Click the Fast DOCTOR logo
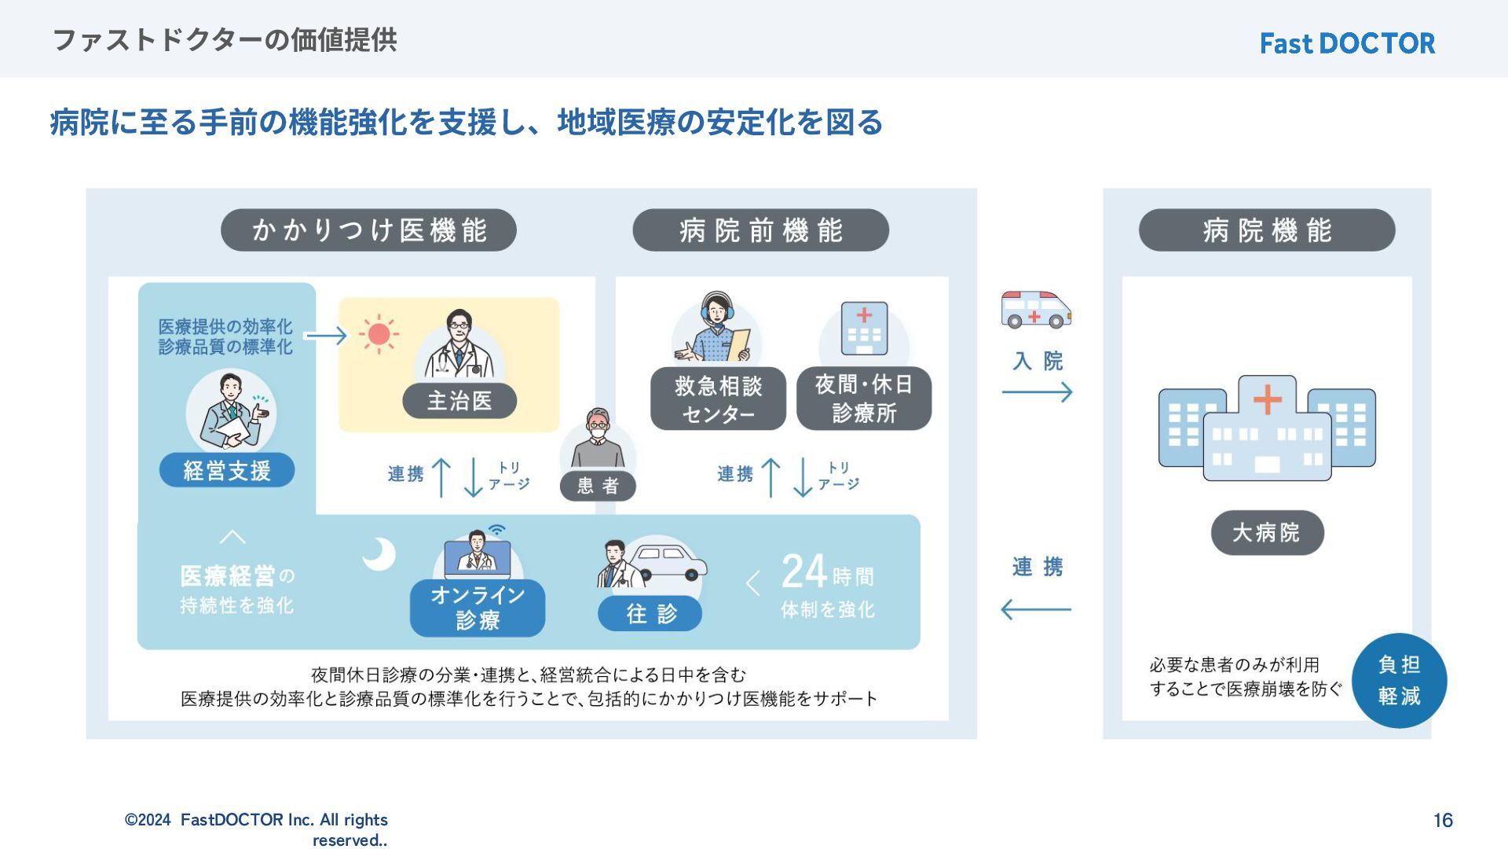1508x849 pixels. click(x=1347, y=43)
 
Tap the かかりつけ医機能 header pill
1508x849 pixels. click(x=368, y=230)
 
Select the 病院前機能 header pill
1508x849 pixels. click(x=760, y=230)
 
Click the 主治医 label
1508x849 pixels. click(x=459, y=401)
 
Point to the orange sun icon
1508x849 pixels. click(x=379, y=334)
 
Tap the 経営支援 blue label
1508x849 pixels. click(x=227, y=470)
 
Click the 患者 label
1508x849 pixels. click(x=598, y=486)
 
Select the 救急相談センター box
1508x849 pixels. click(x=718, y=399)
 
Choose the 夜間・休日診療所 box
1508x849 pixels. click(x=864, y=399)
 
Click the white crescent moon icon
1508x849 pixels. click(x=379, y=553)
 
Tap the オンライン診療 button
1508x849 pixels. click(x=478, y=608)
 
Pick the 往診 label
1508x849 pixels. click(x=650, y=614)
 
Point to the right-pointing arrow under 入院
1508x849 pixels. click(x=1037, y=391)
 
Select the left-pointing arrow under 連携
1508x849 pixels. click(x=1036, y=609)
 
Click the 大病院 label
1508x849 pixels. click(x=1267, y=533)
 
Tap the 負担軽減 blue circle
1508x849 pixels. click(x=1399, y=680)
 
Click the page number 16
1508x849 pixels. click(x=1443, y=821)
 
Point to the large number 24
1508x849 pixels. click(x=804, y=572)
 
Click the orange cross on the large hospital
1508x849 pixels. click(x=1267, y=399)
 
